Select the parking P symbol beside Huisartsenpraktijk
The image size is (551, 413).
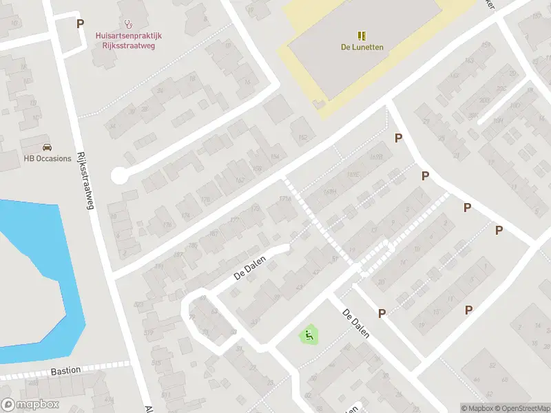click(x=80, y=23)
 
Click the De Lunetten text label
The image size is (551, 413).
click(x=362, y=47)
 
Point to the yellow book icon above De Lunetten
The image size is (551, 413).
click(x=362, y=35)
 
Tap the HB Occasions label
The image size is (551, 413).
click(x=48, y=158)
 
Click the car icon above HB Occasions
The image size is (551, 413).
click(x=47, y=147)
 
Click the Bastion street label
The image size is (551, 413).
click(x=65, y=371)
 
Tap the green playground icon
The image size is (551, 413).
click(x=309, y=335)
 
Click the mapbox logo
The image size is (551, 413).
click(x=30, y=405)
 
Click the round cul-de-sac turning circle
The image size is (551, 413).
click(x=120, y=176)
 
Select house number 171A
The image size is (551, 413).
click(x=284, y=199)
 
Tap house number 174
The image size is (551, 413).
click(x=185, y=215)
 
